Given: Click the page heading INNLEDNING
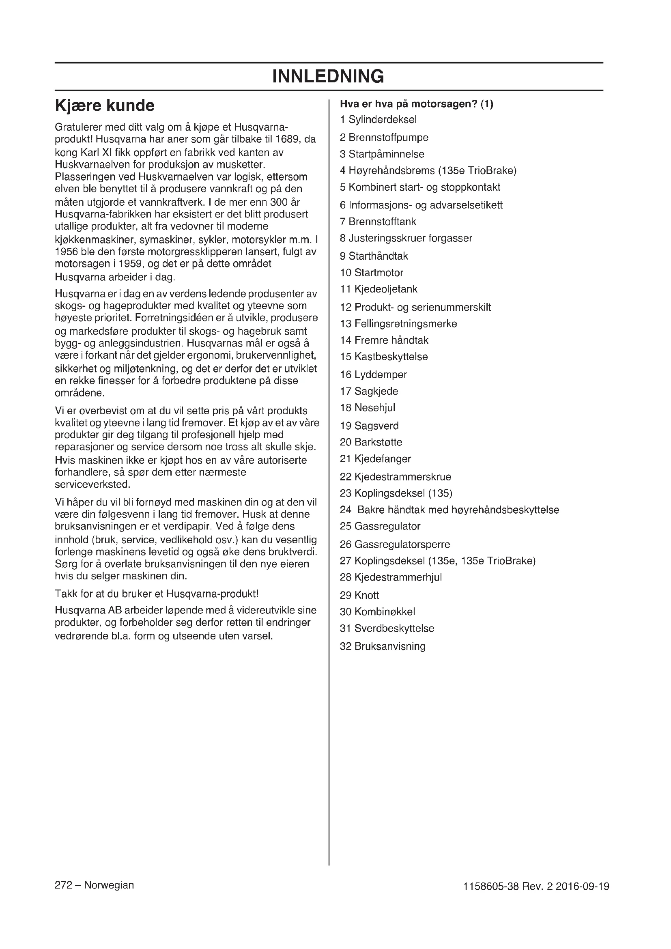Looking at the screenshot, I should pos(328,77).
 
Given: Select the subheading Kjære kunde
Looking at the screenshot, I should pos(105,106).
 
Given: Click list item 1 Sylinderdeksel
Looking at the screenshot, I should pos(378,120).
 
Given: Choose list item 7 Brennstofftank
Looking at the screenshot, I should pos(378,222).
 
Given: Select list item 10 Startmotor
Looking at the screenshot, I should pos(372,273).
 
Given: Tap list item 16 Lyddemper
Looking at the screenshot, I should pos(373,375).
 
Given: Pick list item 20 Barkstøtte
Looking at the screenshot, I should pos(371,442).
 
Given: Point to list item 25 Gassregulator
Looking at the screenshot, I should pos(380,527).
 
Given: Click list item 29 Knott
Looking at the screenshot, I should pos(359,596).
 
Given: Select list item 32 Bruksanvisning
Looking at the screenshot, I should pos(382,646).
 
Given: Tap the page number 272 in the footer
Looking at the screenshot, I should pos(64,885).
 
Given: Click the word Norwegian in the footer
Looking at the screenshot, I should pos(109,885).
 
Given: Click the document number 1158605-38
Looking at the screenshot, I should pos(491,887).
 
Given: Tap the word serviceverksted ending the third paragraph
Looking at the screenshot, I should pos(92,484).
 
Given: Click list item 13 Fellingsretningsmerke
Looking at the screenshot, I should pos(398,324).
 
